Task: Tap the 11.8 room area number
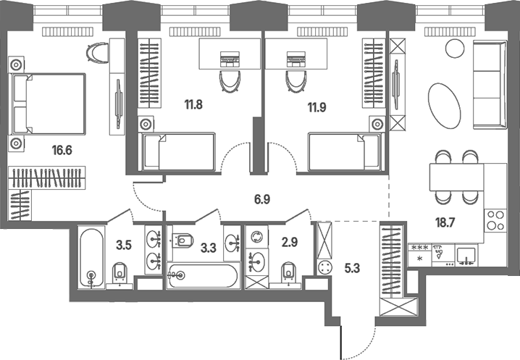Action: pyautogui.click(x=193, y=104)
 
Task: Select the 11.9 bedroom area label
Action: pyautogui.click(x=316, y=108)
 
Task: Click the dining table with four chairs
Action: pyautogui.click(x=456, y=177)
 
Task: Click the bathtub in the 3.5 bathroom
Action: pyautogui.click(x=91, y=257)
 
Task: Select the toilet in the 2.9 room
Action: pyautogui.click(x=289, y=271)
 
